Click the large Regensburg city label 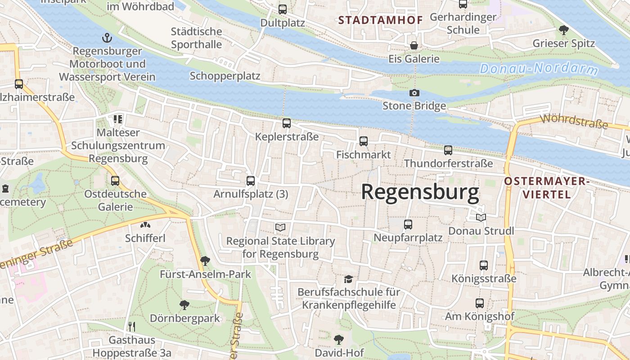point(420,192)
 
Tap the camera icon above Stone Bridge point(414,93)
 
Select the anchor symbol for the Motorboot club point(107,37)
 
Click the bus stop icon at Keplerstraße point(286,123)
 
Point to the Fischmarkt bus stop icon point(363,141)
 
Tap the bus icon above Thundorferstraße point(448,150)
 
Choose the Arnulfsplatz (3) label point(251,194)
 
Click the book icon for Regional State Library point(280,227)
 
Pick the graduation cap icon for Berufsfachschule point(348,279)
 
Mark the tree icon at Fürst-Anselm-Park point(205,260)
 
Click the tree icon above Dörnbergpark point(184,305)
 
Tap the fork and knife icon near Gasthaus point(131,326)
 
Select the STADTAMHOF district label point(380,20)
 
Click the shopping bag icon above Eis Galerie point(414,45)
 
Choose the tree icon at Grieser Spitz point(563,30)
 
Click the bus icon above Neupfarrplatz point(408,224)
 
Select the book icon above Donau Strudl point(481,218)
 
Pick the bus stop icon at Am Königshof point(480,303)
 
